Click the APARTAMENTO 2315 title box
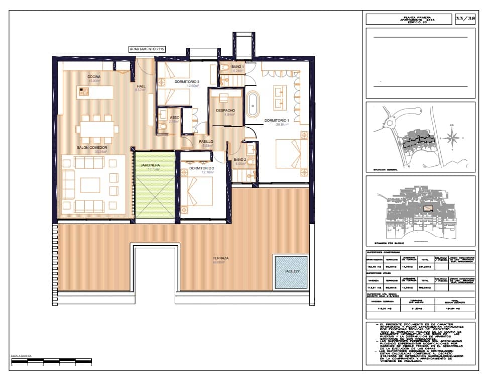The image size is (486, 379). [147, 49]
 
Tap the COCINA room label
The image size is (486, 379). [94, 76]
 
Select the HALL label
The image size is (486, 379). [141, 86]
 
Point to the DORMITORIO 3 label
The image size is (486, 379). [187, 82]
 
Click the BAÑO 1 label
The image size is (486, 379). [237, 67]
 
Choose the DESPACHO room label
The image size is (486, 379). [225, 111]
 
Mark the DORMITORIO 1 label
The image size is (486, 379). [277, 121]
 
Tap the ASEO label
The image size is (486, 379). [175, 117]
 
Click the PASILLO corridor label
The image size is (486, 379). [206, 142]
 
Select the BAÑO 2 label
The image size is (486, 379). [240, 159]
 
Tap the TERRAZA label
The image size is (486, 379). [220, 258]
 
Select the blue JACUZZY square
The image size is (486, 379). [291, 272]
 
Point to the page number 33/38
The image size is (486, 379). [464, 19]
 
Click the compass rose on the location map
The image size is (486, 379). [452, 137]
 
